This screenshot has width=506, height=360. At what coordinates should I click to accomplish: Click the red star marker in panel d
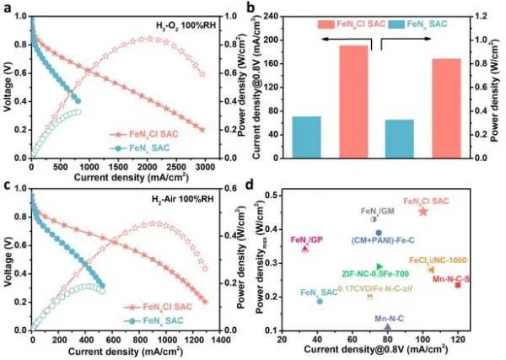tap(423, 211)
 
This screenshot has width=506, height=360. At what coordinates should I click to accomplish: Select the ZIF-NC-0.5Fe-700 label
tap(376, 274)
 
